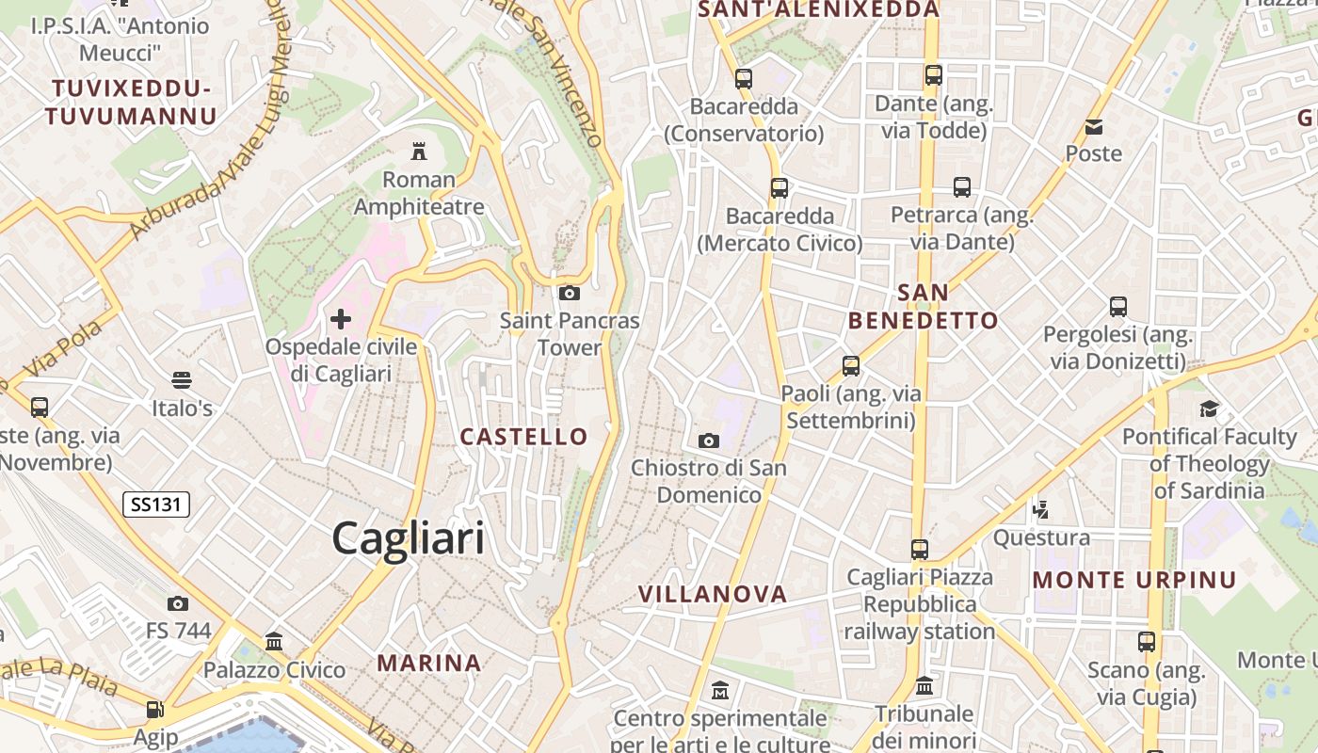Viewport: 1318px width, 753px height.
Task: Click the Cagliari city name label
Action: pos(409,538)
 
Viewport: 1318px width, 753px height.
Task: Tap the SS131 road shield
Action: pos(156,505)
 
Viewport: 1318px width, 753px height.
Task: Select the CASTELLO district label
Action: pos(523,437)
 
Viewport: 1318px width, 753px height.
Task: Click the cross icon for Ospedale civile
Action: pos(341,319)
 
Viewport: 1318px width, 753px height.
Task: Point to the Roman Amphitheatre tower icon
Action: pos(419,151)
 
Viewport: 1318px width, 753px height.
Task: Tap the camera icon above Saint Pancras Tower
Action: pos(569,293)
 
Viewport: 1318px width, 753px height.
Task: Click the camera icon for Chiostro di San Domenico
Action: pos(709,440)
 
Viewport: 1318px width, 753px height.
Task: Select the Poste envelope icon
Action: pos(1094,126)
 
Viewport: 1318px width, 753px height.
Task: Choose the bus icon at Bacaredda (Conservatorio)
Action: pos(744,78)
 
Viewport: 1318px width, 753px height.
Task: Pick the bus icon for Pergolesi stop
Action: pos(1118,306)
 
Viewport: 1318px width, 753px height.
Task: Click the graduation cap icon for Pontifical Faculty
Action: pos(1209,409)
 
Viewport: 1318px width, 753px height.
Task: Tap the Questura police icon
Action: pos(1041,510)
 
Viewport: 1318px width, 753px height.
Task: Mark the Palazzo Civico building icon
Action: pos(274,641)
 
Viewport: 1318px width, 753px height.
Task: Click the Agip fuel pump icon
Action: pos(154,708)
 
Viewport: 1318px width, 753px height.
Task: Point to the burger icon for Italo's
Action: pos(182,380)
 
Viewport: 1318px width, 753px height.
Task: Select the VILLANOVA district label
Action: pos(713,594)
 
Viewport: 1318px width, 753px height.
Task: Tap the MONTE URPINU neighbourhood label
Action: pos(1134,580)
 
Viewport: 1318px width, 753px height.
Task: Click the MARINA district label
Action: pos(429,663)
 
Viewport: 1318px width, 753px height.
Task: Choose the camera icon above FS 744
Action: pos(178,603)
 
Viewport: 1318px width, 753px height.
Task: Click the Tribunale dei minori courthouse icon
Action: pos(924,685)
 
